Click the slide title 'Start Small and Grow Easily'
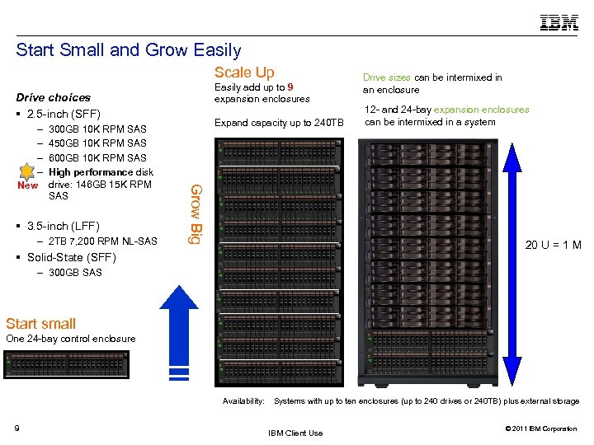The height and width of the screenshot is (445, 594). point(128,50)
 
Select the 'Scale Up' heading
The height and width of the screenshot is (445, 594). point(244,73)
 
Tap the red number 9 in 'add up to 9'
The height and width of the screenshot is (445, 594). point(290,87)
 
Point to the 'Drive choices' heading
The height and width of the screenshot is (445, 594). point(54,97)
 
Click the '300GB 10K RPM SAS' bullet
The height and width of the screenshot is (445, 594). point(97,129)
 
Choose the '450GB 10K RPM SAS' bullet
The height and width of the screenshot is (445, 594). point(97,143)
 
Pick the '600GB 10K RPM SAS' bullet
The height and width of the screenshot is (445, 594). point(97,157)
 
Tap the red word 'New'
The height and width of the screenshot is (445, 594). point(28,185)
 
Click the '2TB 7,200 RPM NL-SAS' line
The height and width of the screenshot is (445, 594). point(102,241)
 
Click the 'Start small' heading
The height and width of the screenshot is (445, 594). point(40,324)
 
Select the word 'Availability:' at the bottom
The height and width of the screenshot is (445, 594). point(243,401)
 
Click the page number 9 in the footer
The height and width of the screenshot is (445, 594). point(17,427)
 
